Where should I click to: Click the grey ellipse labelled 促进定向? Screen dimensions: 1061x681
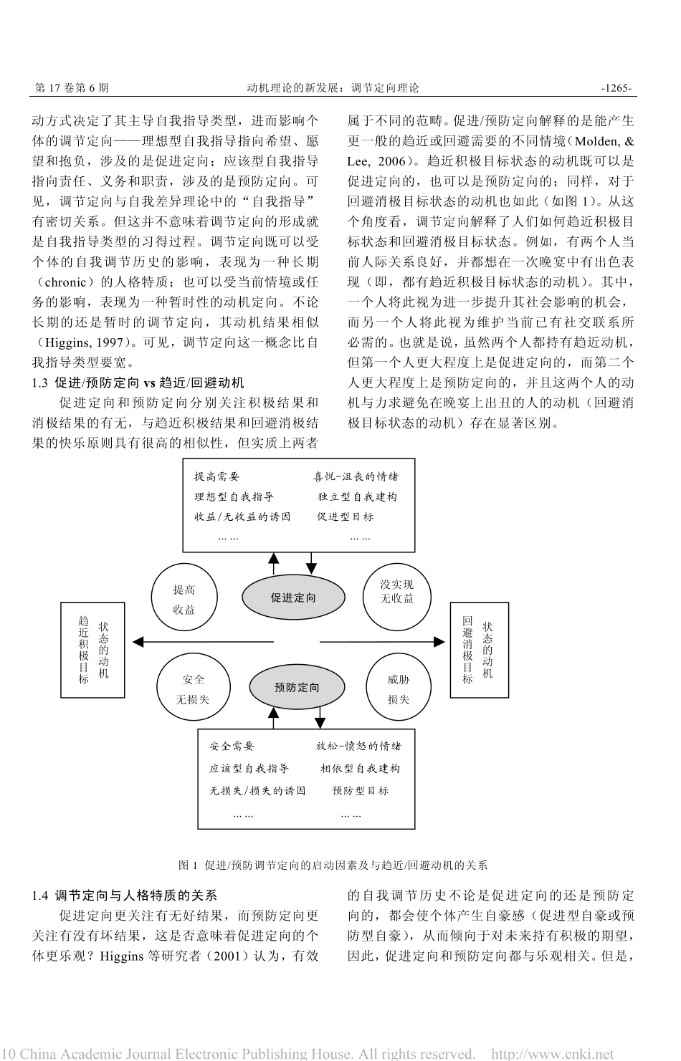click(x=292, y=597)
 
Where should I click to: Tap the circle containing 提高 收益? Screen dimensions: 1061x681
click(x=184, y=600)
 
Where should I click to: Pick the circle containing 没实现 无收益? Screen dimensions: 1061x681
click(x=397, y=592)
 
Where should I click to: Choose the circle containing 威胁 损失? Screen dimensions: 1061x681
click(x=398, y=688)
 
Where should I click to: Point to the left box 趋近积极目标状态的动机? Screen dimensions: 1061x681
click(x=93, y=649)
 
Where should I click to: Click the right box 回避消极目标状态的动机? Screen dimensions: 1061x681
click(x=478, y=649)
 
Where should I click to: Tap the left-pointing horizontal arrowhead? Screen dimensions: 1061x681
click(x=139, y=641)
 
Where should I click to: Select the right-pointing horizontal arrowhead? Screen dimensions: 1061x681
click(x=439, y=641)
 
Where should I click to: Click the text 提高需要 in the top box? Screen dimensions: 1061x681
click(x=216, y=476)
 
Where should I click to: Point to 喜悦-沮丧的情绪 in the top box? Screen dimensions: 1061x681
click(x=356, y=476)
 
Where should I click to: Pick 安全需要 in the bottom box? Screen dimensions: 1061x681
click(x=232, y=746)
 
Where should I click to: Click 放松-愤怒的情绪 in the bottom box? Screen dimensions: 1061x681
click(x=358, y=746)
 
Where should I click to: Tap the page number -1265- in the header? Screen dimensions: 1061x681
click(x=616, y=88)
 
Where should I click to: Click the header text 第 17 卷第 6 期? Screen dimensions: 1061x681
click(x=72, y=88)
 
